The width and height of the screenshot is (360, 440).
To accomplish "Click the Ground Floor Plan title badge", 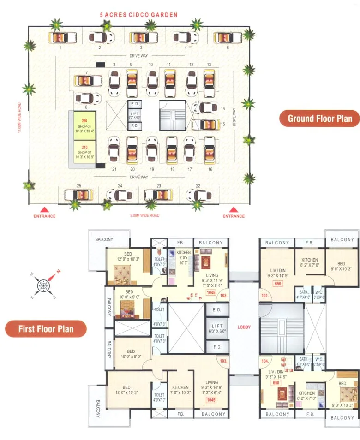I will tap(319, 119).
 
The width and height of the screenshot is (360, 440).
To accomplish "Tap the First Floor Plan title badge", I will tap(46, 329).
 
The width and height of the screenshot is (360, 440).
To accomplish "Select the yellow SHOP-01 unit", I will tap(83, 125).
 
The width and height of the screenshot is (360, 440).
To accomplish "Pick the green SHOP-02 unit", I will tap(83, 152).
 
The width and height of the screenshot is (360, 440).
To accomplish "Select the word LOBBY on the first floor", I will tap(244, 327).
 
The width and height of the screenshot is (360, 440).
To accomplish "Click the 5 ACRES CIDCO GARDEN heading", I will tap(139, 15).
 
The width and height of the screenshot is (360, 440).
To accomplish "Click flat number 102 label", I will tap(223, 296).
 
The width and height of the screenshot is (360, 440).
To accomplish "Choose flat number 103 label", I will tap(223, 361).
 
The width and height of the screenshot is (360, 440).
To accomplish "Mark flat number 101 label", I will tap(264, 296).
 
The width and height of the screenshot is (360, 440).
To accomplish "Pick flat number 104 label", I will tap(264, 361).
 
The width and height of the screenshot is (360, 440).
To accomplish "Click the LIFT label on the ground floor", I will tap(135, 114).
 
